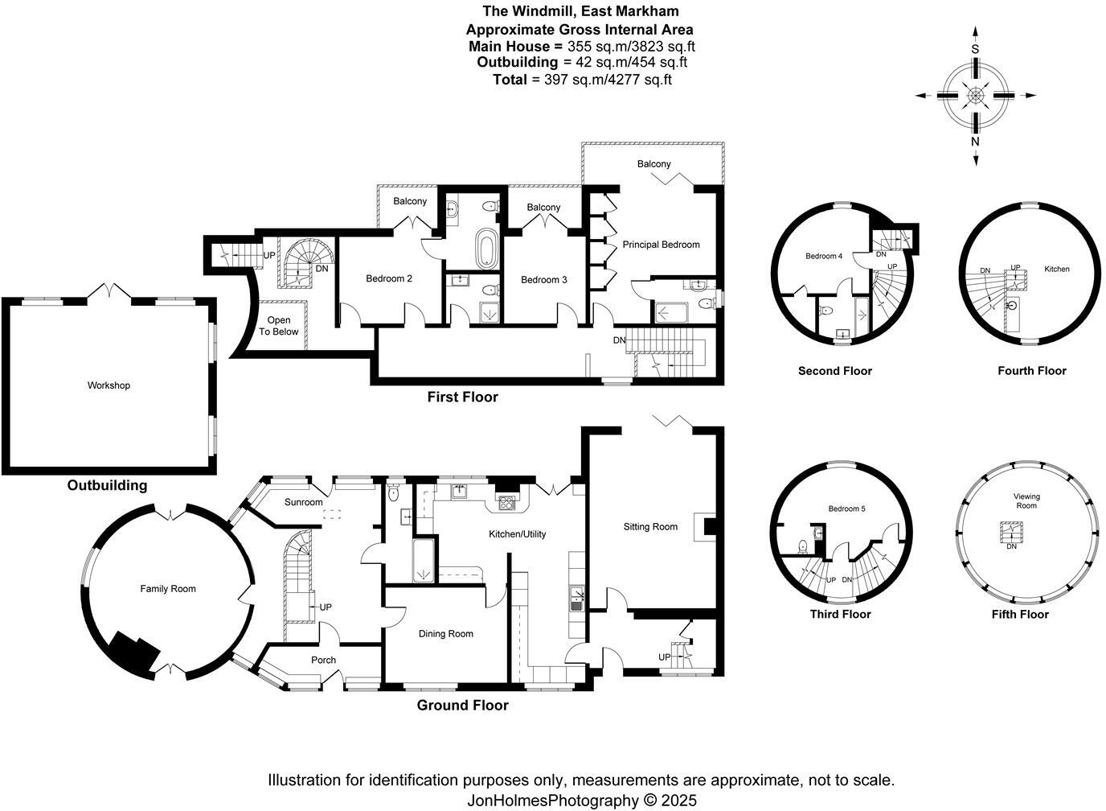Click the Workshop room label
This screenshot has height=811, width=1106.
[x=109, y=385]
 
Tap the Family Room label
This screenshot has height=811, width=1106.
[x=168, y=589]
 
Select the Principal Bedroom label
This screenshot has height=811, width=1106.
[x=661, y=245]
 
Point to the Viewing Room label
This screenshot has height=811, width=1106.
[x=1026, y=500]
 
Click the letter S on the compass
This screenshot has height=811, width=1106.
[x=975, y=49]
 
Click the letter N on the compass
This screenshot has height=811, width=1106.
[x=975, y=142]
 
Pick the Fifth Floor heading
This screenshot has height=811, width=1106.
[x=1020, y=615]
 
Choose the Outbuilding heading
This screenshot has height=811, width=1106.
[x=107, y=485]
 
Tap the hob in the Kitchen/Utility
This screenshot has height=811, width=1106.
[x=506, y=503]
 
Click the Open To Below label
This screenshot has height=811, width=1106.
[x=278, y=326]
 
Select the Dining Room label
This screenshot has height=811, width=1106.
[x=446, y=633]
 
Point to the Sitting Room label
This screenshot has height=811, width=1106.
[x=650, y=527]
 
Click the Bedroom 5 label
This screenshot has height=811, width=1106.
[x=847, y=508]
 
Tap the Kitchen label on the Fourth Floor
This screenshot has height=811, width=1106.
[x=1057, y=269]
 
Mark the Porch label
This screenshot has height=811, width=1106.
[x=323, y=660]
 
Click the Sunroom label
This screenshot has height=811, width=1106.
[x=304, y=502]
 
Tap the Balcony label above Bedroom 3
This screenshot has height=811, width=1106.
[x=543, y=207]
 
